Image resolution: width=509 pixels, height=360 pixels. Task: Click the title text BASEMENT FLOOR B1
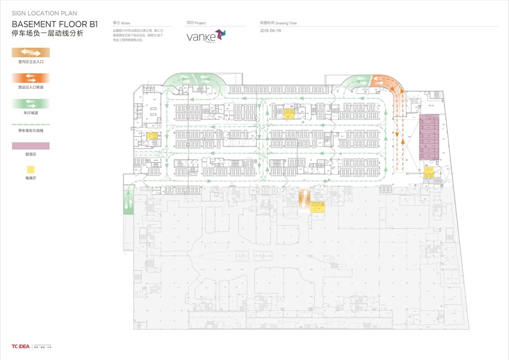[x=55, y=24]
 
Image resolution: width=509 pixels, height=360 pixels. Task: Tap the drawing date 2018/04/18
[x=272, y=31]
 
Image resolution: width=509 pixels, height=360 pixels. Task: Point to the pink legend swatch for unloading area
[x=30, y=145]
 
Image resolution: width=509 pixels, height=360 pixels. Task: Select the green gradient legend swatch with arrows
[x=30, y=103]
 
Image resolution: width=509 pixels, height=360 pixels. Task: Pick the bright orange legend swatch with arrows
[x=30, y=78]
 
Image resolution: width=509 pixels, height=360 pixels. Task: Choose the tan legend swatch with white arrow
[x=30, y=52]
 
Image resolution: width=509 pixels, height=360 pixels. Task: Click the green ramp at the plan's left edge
[x=129, y=203]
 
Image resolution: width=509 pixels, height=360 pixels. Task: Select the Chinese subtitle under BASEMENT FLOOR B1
[x=48, y=34]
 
